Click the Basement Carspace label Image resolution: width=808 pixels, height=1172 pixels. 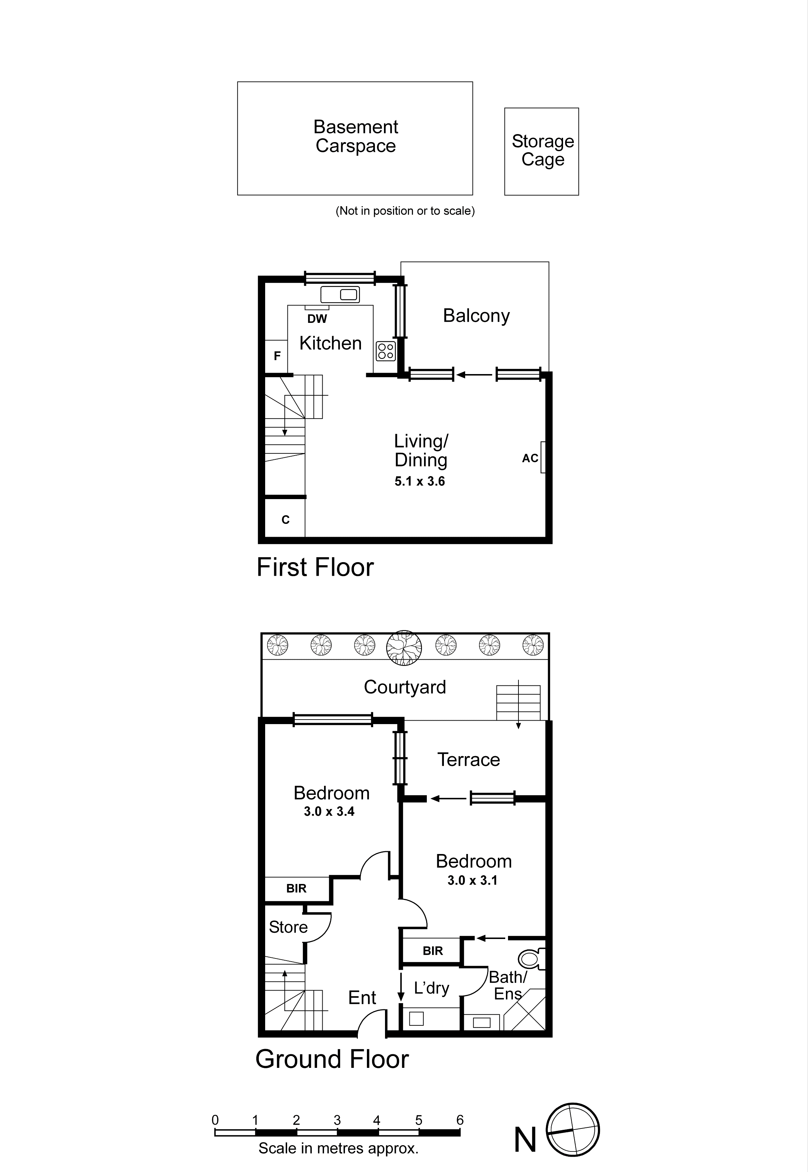coord(355,136)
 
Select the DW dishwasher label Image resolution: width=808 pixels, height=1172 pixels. coord(317,319)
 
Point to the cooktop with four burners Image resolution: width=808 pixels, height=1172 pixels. coord(386,351)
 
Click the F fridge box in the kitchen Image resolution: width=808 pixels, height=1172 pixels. coord(276,356)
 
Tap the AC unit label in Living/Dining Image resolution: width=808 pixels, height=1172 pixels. coord(530,458)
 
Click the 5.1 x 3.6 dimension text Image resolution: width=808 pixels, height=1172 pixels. coord(420,481)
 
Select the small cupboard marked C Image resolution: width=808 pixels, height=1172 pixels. coord(285,520)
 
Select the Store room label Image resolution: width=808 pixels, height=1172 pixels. coord(288,927)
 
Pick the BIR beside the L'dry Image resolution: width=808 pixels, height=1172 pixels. coord(432,951)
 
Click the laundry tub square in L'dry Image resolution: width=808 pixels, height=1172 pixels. coord(416,1018)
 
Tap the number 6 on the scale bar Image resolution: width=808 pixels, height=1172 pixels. coord(460,1120)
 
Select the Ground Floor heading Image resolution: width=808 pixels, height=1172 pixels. coord(332,1060)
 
